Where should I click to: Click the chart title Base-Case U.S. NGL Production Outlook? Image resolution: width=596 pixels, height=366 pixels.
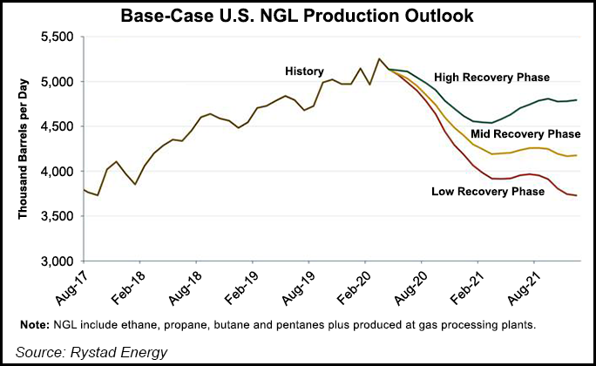pos(298,16)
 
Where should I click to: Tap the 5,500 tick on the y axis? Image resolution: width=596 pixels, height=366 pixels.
pos(57,37)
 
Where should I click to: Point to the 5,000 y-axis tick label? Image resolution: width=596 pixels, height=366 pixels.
pos(57,82)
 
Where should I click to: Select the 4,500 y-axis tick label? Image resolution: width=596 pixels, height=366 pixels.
pos(57,126)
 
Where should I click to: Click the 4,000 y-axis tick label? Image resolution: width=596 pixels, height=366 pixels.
pos(57,172)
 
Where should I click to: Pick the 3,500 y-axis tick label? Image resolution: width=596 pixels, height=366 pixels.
pos(57,217)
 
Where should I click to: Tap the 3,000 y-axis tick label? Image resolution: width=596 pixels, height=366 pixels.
pos(57,261)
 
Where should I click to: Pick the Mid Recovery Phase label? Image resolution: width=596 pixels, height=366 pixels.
pos(525,134)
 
